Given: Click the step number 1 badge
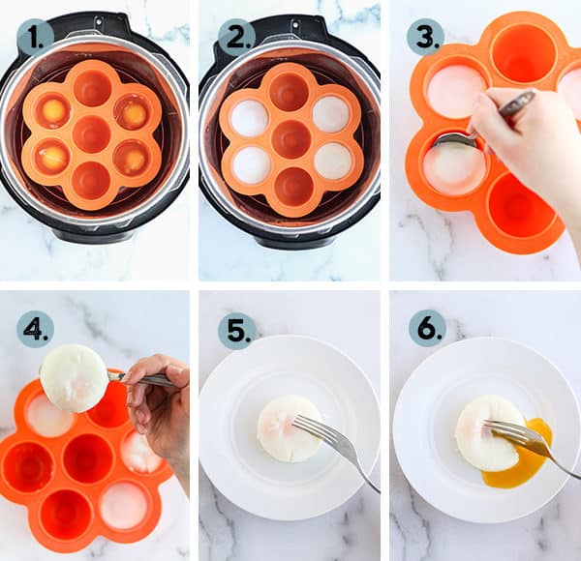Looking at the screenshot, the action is click(x=35, y=37).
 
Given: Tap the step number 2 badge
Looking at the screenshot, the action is click(x=236, y=37).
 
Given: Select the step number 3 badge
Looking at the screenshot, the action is click(x=425, y=38).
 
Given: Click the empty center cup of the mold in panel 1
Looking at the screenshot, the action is click(x=92, y=133).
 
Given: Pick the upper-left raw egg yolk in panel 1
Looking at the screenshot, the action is click(x=54, y=109).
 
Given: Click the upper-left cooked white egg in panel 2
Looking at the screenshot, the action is click(x=250, y=114).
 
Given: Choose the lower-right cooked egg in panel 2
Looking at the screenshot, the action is click(x=332, y=161).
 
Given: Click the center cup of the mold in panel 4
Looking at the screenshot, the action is click(x=88, y=458).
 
